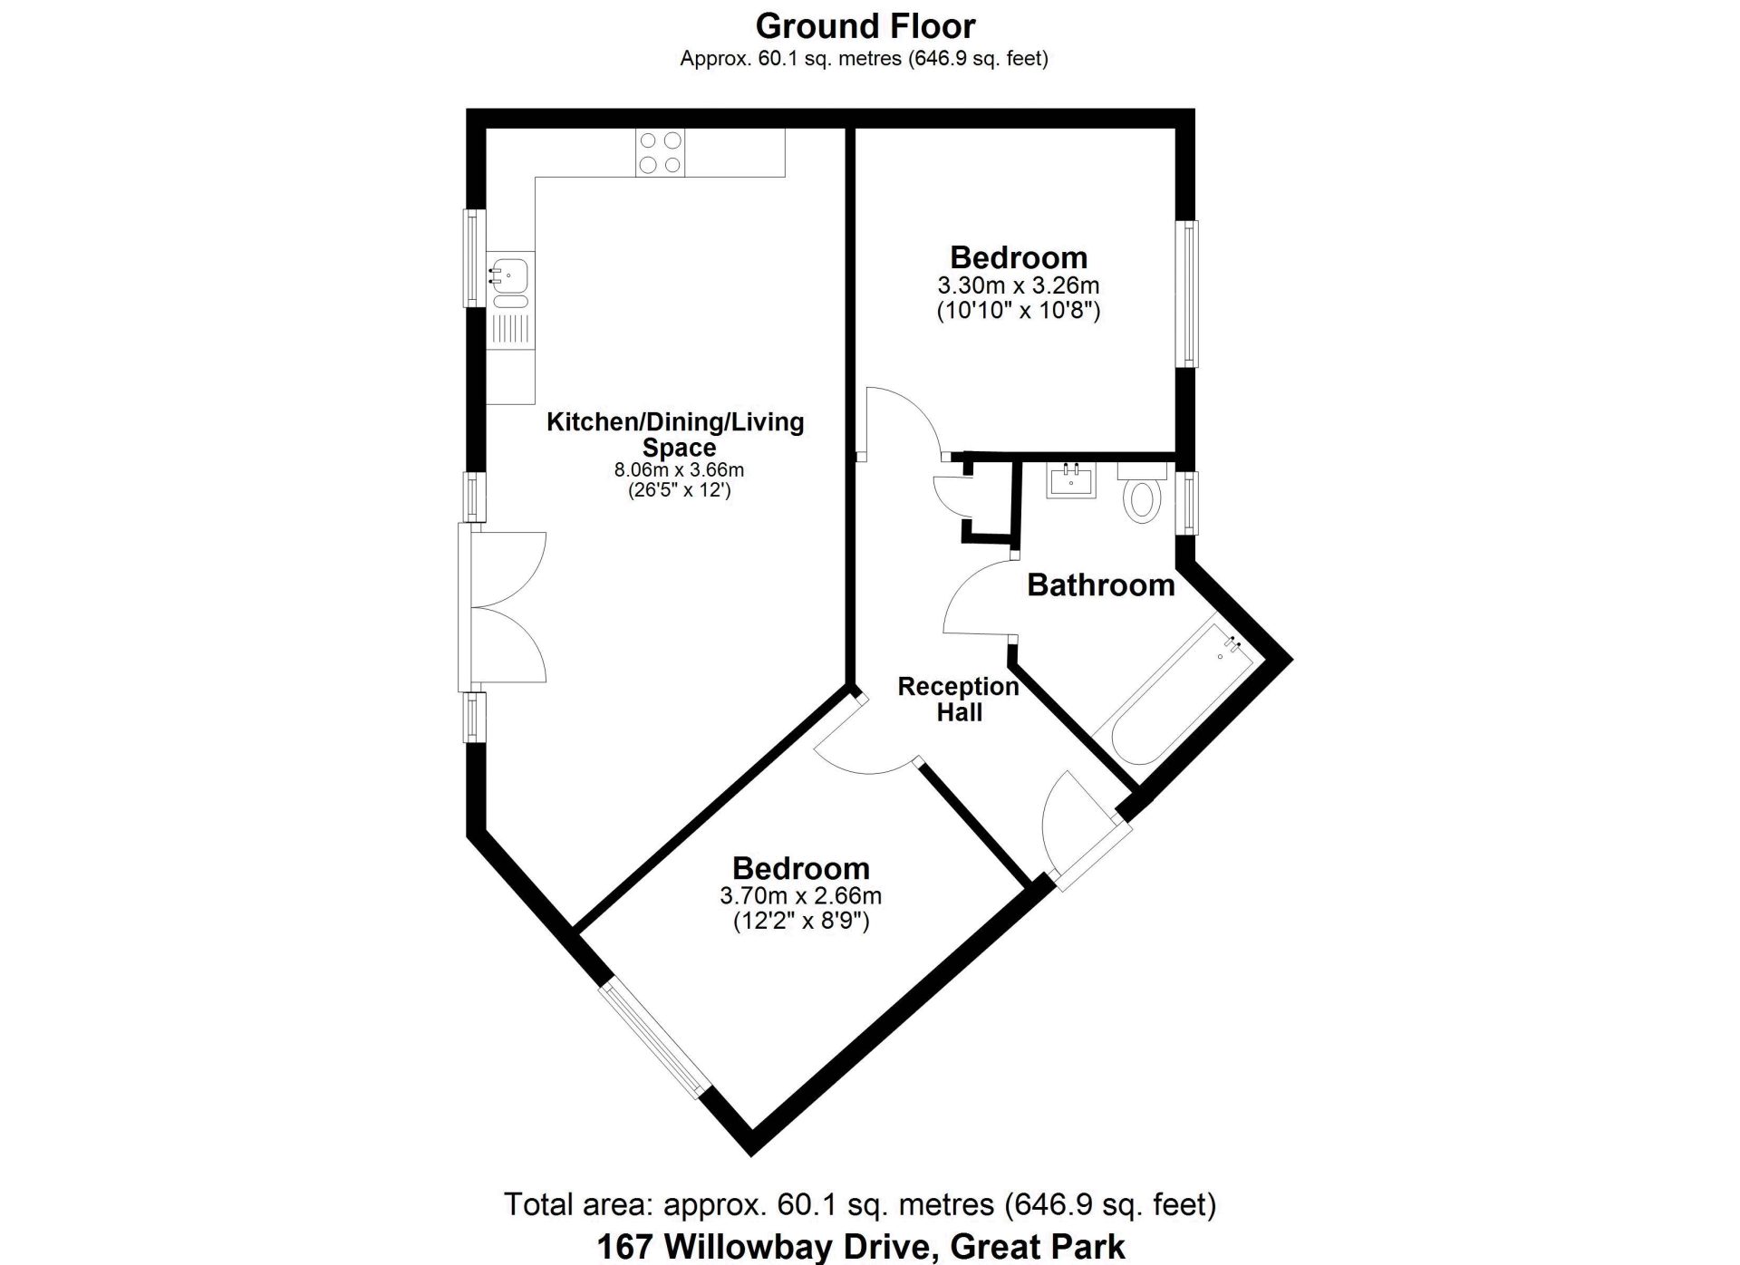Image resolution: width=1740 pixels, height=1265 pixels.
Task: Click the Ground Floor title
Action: pyautogui.click(x=865, y=26)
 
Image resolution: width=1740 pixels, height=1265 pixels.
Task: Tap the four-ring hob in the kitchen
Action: pyautogui.click(x=661, y=152)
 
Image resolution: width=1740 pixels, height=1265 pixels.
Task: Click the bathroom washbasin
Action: pyautogui.click(x=1072, y=479)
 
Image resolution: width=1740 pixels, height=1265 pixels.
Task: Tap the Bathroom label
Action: pyautogui.click(x=1101, y=585)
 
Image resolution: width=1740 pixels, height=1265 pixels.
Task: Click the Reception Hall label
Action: pyautogui.click(x=959, y=700)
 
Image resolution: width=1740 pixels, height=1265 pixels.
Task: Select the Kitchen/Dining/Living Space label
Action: pyautogui.click(x=676, y=435)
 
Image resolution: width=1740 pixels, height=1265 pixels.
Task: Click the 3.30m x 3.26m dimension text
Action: pyautogui.click(x=1019, y=285)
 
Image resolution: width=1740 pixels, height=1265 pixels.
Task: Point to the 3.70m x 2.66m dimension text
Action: pyautogui.click(x=801, y=896)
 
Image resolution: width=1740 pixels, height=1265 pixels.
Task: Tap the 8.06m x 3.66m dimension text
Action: pyautogui.click(x=679, y=470)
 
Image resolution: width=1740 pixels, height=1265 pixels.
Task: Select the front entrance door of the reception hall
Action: pyautogui.click(x=1084, y=830)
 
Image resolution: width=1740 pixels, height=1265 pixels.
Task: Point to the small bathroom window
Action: pyautogui.click(x=1186, y=502)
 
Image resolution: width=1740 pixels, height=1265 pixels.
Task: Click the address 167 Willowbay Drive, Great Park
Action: pyautogui.click(x=861, y=1247)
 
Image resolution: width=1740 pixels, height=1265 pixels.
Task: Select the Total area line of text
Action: pyautogui.click(x=860, y=1204)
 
